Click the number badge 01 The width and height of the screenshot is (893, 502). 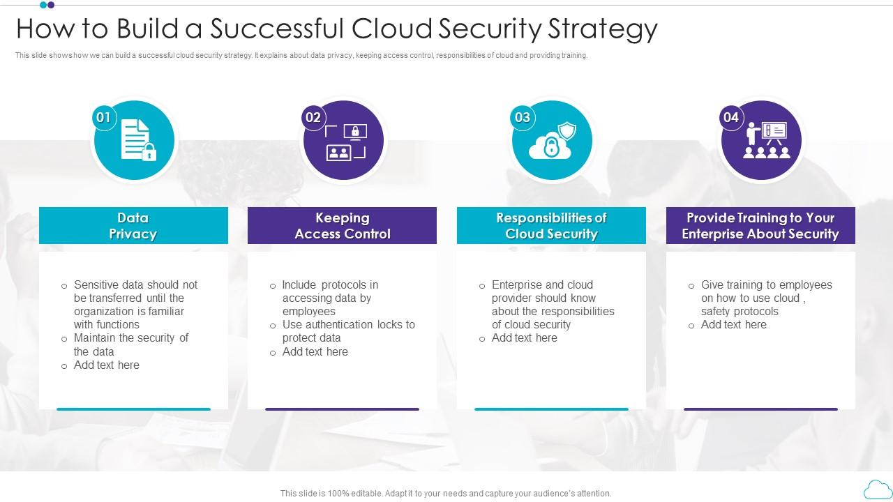(103, 117)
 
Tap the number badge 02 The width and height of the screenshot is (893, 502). (313, 117)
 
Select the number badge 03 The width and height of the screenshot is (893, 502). (522, 117)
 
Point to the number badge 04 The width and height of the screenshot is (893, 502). (730, 117)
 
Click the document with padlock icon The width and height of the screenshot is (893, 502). (137, 140)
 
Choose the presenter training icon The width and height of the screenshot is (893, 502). (765, 140)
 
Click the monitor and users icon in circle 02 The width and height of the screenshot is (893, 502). (345, 142)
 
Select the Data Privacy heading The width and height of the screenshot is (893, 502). (133, 226)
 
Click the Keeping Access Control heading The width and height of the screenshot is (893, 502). (342, 226)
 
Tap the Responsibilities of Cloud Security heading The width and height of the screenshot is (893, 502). (551, 226)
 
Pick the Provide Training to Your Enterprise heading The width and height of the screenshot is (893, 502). (760, 226)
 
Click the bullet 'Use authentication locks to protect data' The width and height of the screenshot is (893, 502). (348, 331)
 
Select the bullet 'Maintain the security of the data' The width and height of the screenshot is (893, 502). (130, 344)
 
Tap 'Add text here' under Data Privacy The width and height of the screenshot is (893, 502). (106, 365)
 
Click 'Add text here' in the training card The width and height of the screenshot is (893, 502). (733, 324)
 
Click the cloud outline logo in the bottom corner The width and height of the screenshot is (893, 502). (877, 490)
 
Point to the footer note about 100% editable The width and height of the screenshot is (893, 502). (446, 493)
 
